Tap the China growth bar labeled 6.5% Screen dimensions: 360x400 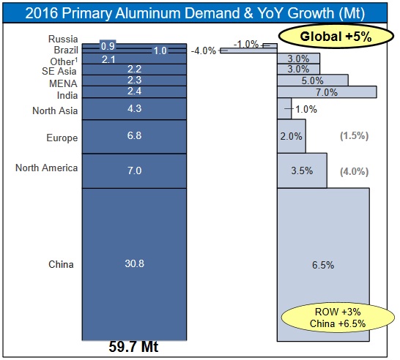pos(323,264)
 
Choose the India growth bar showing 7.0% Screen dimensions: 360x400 pos(327,92)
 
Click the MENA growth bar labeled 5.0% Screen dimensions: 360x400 pos(313,80)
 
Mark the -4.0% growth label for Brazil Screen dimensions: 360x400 pos(203,51)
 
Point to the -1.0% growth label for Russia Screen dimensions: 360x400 pos(246,44)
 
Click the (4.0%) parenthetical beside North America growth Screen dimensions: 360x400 pos(355,171)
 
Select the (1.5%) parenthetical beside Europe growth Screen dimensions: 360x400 pos(355,137)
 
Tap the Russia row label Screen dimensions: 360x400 pos(63,40)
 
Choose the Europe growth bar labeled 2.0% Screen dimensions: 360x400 pos(292,137)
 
